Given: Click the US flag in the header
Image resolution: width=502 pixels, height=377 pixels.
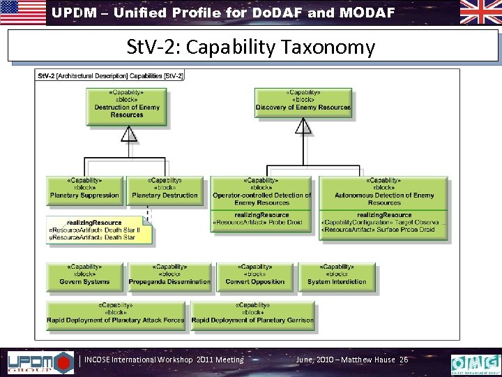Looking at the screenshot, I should click(22, 12).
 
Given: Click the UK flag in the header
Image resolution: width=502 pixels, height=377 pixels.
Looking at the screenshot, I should click(480, 12).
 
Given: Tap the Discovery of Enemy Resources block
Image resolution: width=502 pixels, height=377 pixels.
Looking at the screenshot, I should click(303, 102).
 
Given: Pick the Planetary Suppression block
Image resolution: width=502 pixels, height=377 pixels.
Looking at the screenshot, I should click(84, 189).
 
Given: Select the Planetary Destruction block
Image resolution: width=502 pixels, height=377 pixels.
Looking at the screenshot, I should click(165, 189).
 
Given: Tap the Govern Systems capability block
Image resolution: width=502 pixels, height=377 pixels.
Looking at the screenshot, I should click(84, 276).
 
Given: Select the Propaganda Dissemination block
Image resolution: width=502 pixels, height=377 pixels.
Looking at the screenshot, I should click(169, 276).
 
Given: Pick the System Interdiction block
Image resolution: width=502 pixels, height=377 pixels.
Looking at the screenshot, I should click(337, 276).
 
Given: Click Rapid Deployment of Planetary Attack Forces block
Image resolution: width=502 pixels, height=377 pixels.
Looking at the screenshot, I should click(116, 313).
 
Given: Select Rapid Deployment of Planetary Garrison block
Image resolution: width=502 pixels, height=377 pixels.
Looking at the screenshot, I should click(252, 313).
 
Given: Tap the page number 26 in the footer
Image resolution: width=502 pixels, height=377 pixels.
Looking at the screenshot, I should click(403, 360).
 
